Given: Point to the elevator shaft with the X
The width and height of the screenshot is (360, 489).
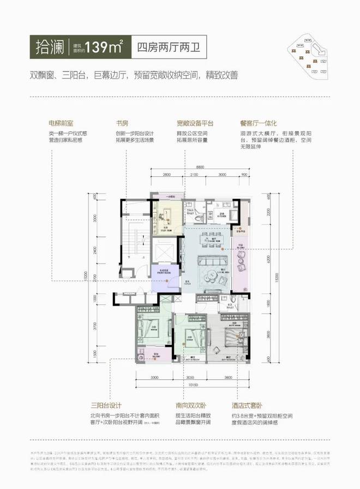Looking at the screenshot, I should point(164,253).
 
